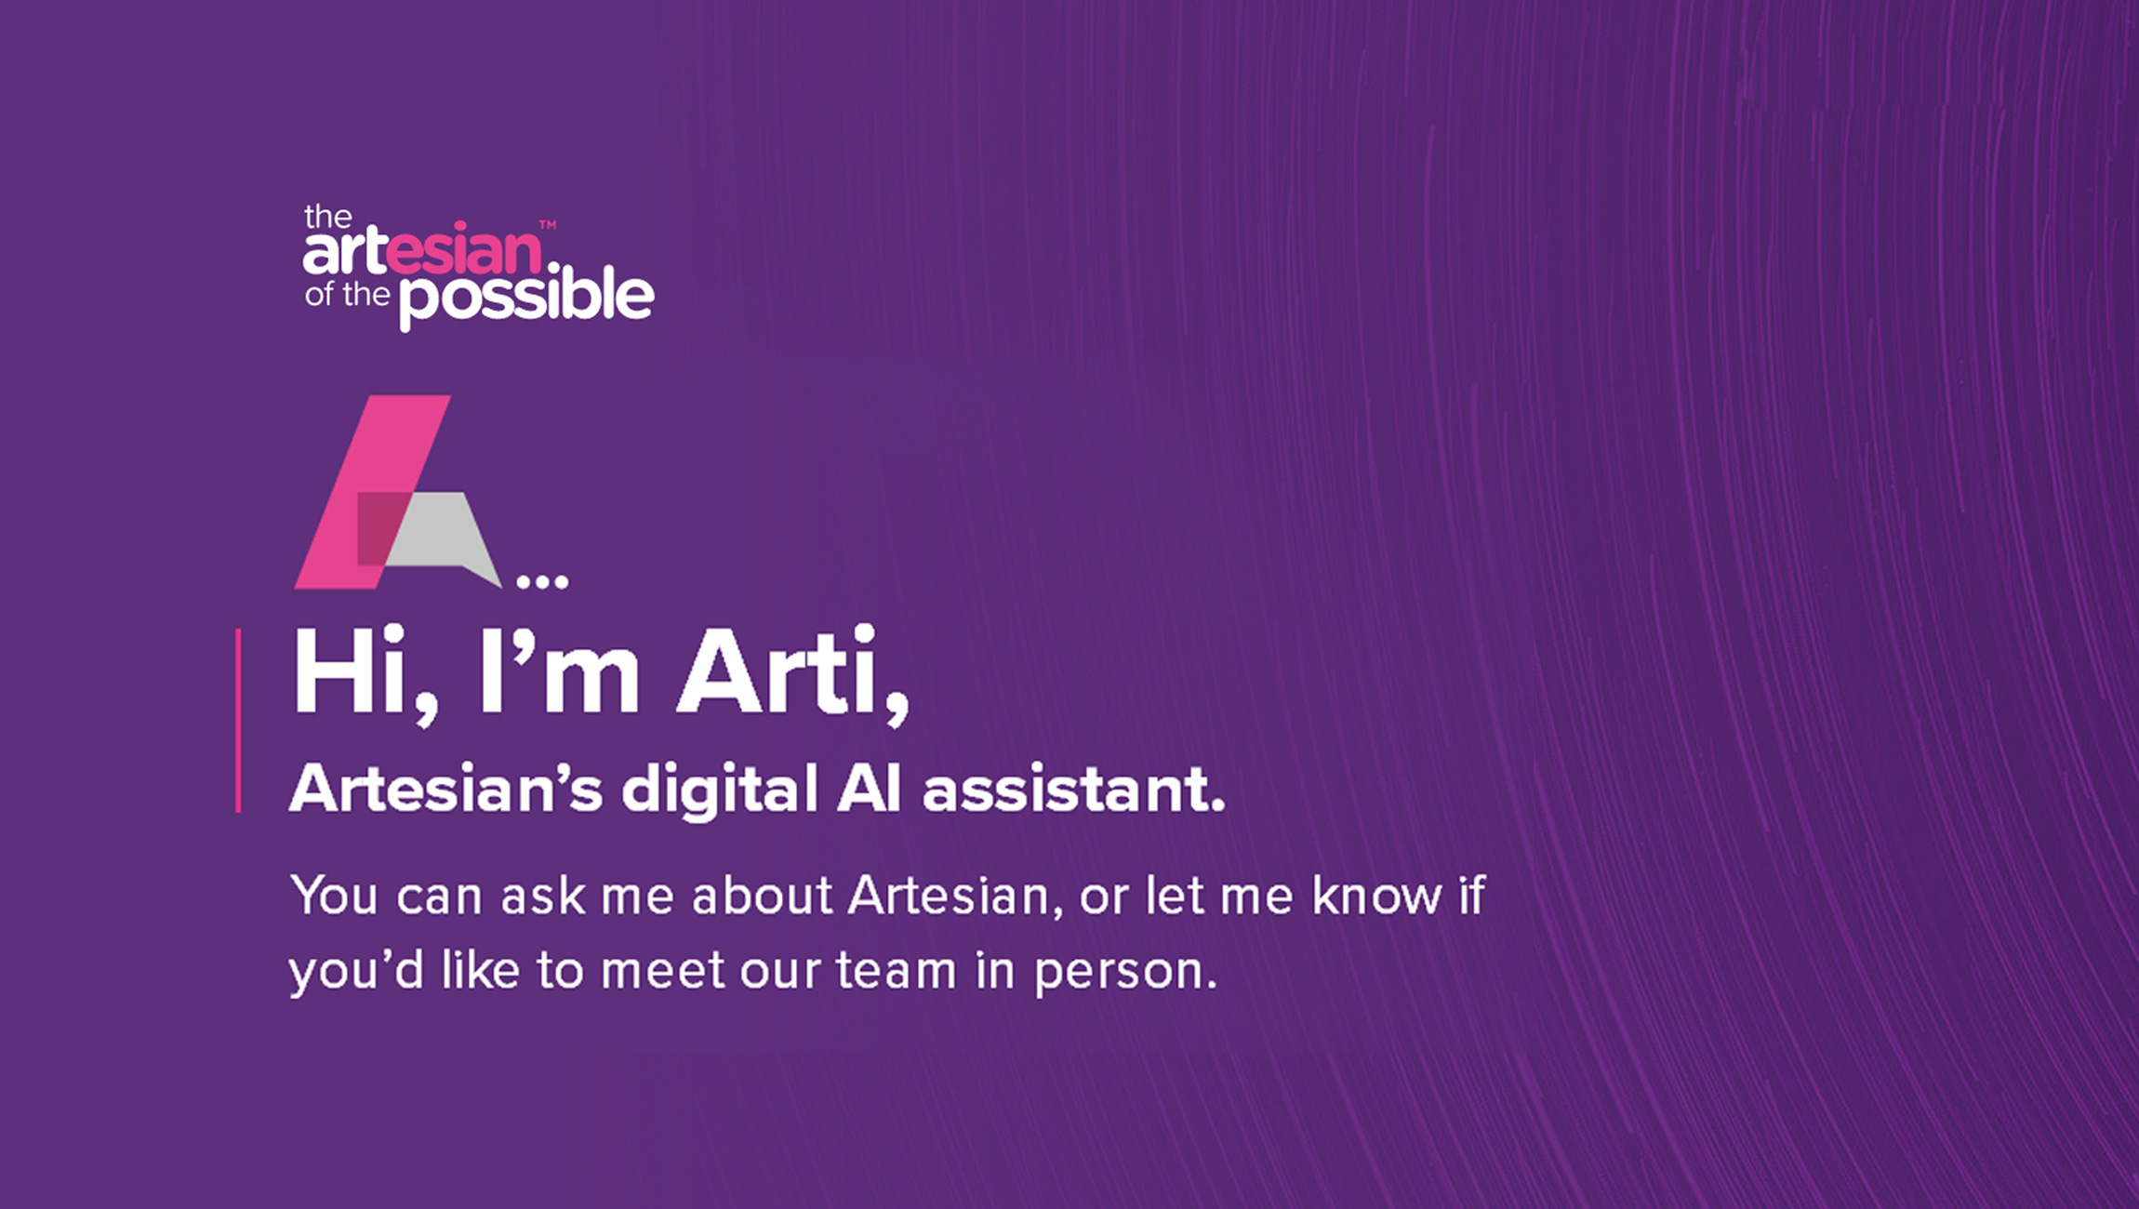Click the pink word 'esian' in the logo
coord(464,250)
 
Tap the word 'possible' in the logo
coord(527,298)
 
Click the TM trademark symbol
coord(548,224)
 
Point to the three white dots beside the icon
coord(542,583)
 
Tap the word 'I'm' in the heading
coord(559,671)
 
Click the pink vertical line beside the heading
coord(239,721)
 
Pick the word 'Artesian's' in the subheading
coord(445,790)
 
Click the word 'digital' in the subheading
coord(720,790)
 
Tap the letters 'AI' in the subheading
coord(869,790)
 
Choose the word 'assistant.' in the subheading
coord(1073,790)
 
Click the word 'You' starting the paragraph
coord(334,896)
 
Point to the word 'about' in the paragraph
coord(762,896)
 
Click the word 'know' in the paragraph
coord(1376,896)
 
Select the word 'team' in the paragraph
coord(896,971)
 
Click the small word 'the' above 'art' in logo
coord(328,218)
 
